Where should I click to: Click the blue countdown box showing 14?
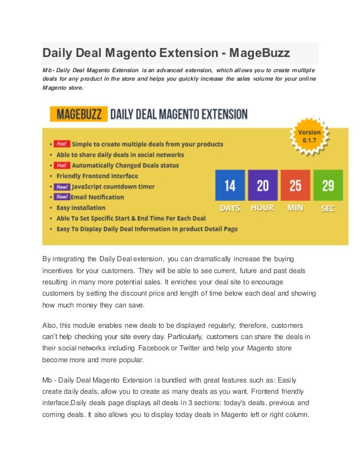pyautogui.click(x=230, y=185)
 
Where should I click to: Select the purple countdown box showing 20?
pyautogui.click(x=262, y=185)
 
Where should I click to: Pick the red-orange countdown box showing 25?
pyautogui.click(x=295, y=185)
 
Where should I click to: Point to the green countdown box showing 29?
pyautogui.click(x=328, y=185)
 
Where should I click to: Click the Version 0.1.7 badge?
pyautogui.click(x=310, y=137)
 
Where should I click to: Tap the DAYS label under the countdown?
pyautogui.click(x=230, y=208)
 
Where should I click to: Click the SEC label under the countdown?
pyautogui.click(x=328, y=208)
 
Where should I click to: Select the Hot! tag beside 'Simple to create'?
pyautogui.click(x=62, y=144)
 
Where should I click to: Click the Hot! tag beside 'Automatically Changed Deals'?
pyautogui.click(x=62, y=165)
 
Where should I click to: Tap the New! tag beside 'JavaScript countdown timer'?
pyautogui.click(x=62, y=187)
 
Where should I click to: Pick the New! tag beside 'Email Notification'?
pyautogui.click(x=62, y=197)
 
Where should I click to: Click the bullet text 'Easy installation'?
pyautogui.click(x=85, y=208)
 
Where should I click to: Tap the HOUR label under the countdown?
pyautogui.click(x=262, y=208)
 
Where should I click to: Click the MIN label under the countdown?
pyautogui.click(x=295, y=208)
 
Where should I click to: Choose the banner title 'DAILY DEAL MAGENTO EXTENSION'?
pyautogui.click(x=178, y=115)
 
